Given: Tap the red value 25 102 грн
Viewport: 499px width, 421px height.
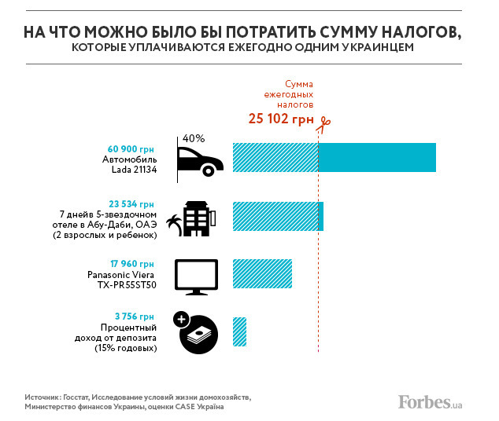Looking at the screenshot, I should (279, 119).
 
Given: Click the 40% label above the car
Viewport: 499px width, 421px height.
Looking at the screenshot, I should (193, 138).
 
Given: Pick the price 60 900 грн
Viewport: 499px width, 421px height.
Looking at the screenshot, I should (131, 148).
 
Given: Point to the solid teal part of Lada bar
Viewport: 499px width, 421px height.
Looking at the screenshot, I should (376, 157).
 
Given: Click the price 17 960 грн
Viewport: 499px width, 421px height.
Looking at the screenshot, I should (131, 264).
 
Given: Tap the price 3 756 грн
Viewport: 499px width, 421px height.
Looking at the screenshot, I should (135, 317).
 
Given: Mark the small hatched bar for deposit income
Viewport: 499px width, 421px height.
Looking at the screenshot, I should (239, 331).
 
